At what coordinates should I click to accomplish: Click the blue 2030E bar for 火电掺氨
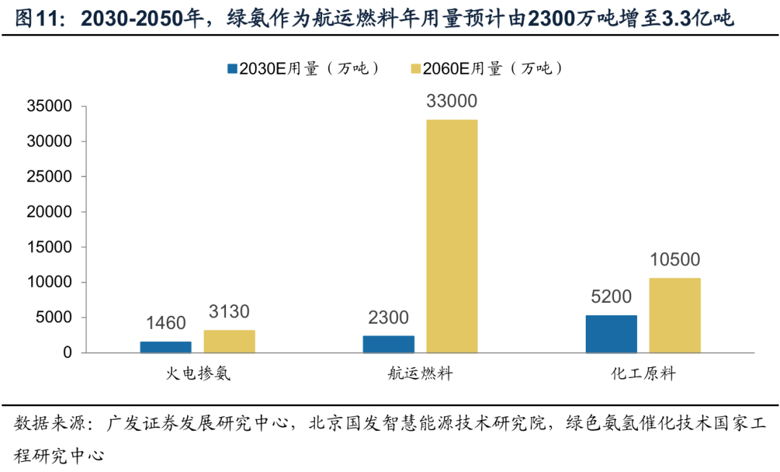tap(166, 347)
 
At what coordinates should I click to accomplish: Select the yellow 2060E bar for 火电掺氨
tap(229, 341)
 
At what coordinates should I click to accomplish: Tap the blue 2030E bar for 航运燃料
tap(389, 344)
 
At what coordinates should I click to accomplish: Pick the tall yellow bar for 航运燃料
tap(451, 236)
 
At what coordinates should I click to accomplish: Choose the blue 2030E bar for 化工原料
tap(611, 334)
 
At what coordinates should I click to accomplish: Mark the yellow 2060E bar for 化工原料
tap(675, 315)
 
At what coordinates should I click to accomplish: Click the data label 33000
tap(451, 102)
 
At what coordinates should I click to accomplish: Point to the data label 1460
tap(166, 323)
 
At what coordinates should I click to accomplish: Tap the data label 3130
tap(229, 312)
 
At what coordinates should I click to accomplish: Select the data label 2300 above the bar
tap(389, 317)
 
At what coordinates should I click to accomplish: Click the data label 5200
tap(611, 297)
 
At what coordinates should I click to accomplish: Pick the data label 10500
tap(675, 260)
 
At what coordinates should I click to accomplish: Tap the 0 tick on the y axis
tap(67, 353)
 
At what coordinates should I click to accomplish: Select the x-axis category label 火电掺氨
tap(197, 374)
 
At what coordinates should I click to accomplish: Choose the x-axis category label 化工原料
tap(643, 374)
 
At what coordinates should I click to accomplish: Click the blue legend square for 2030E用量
tap(232, 69)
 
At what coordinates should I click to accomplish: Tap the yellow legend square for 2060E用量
tap(415, 69)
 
